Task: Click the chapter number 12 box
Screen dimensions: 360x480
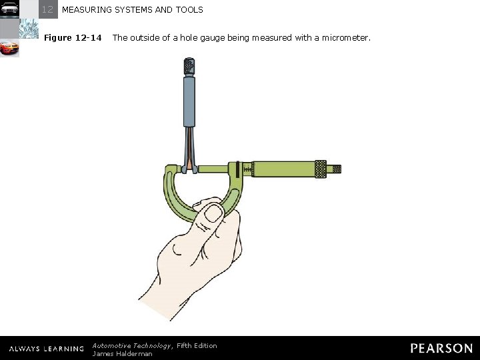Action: (x=48, y=9)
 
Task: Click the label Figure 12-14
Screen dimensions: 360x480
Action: (x=73, y=38)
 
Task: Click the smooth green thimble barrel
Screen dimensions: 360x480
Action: (x=283, y=169)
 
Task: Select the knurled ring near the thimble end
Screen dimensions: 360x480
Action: (x=321, y=169)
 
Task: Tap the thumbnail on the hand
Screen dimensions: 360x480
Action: (x=213, y=213)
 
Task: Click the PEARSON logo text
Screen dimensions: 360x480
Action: (x=441, y=348)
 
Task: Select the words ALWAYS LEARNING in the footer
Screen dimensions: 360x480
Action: (x=47, y=349)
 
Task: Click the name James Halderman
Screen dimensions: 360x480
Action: (x=122, y=354)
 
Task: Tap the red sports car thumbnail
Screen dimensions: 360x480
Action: (x=9, y=49)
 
